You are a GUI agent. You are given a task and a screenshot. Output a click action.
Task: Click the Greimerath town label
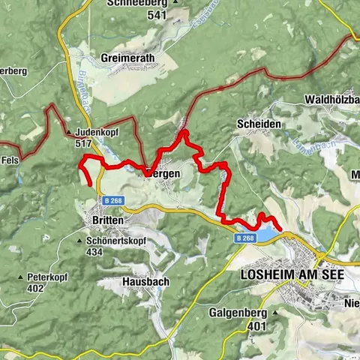coord(130,56)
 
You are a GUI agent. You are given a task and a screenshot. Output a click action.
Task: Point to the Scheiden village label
coord(259,124)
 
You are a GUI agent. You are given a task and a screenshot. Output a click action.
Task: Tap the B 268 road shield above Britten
coord(112,200)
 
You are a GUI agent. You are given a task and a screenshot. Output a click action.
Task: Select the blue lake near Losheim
coord(267,235)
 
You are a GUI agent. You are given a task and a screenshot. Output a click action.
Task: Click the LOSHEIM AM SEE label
coord(292,275)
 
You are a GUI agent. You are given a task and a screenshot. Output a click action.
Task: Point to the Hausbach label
coord(145,282)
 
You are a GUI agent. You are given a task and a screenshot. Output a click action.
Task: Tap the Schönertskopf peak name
coord(115,241)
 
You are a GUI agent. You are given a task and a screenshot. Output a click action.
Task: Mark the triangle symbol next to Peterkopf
coord(20,277)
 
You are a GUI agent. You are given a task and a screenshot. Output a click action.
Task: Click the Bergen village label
coord(163,173)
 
